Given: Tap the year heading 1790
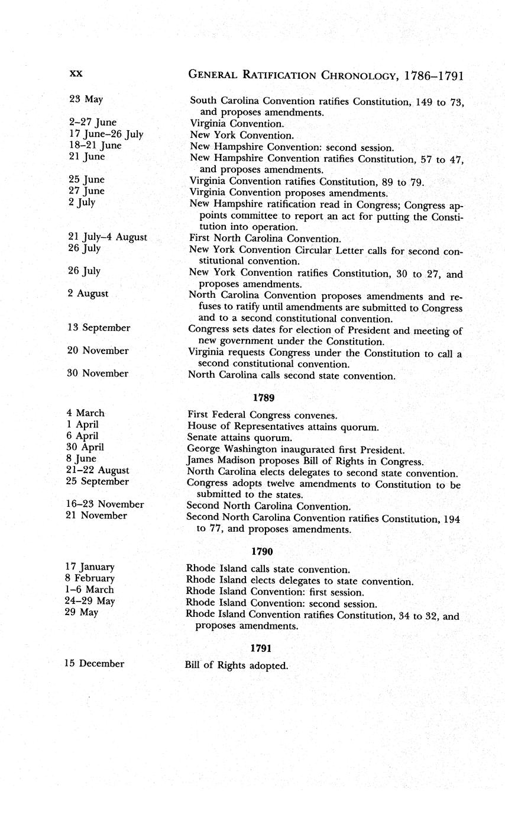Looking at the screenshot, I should (x=261, y=552).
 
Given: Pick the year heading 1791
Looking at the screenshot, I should (x=261, y=648).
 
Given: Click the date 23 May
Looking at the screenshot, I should (x=86, y=99).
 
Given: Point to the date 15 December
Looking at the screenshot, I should (x=95, y=664).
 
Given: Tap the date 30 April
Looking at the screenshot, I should (x=86, y=447).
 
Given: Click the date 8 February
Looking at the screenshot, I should (x=90, y=578).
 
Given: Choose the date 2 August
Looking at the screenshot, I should (x=88, y=293).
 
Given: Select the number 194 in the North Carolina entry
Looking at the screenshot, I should (x=451, y=519).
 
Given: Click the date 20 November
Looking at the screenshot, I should (x=98, y=350).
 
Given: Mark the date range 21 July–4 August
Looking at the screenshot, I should (x=108, y=237).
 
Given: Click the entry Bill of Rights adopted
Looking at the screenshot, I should (x=236, y=665).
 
